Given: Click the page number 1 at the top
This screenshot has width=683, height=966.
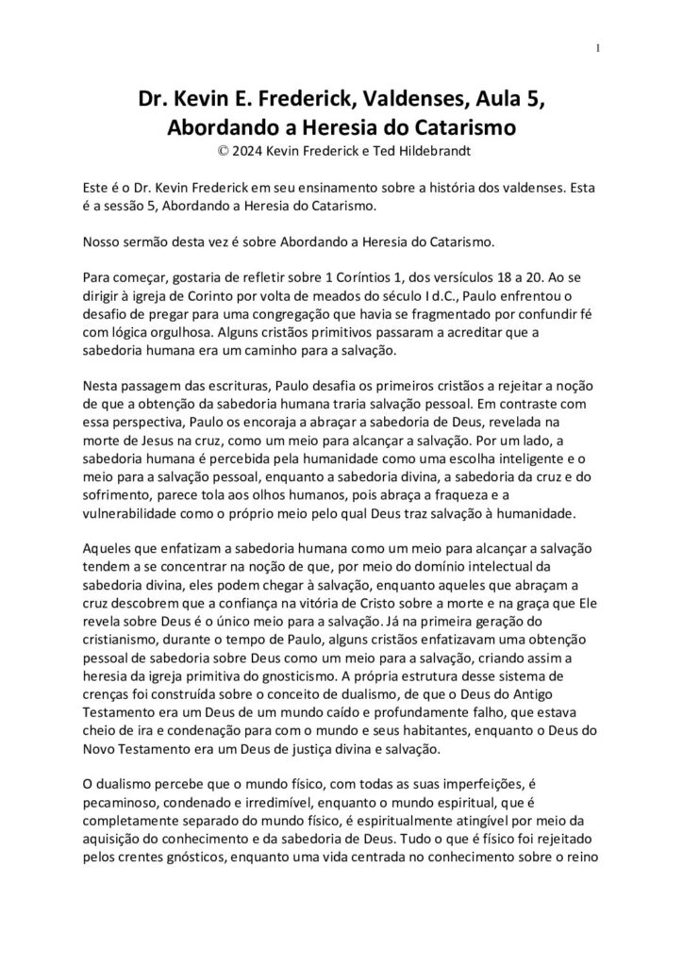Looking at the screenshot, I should tap(598, 49).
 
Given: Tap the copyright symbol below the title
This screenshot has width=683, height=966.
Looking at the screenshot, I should tap(222, 148).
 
